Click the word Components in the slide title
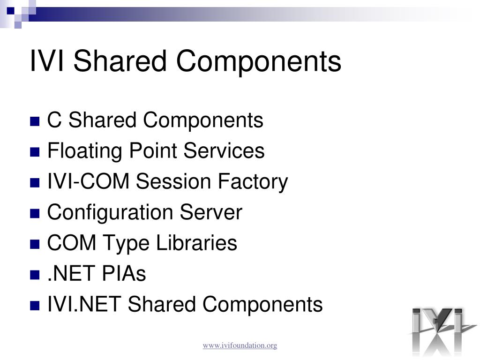tap(259, 61)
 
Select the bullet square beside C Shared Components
tap(35, 122)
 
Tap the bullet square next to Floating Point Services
tap(35, 152)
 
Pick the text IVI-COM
tap(89, 182)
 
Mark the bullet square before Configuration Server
tap(35, 214)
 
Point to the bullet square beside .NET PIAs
tap(35, 276)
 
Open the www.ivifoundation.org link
tap(240, 345)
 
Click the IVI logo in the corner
tap(437, 330)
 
